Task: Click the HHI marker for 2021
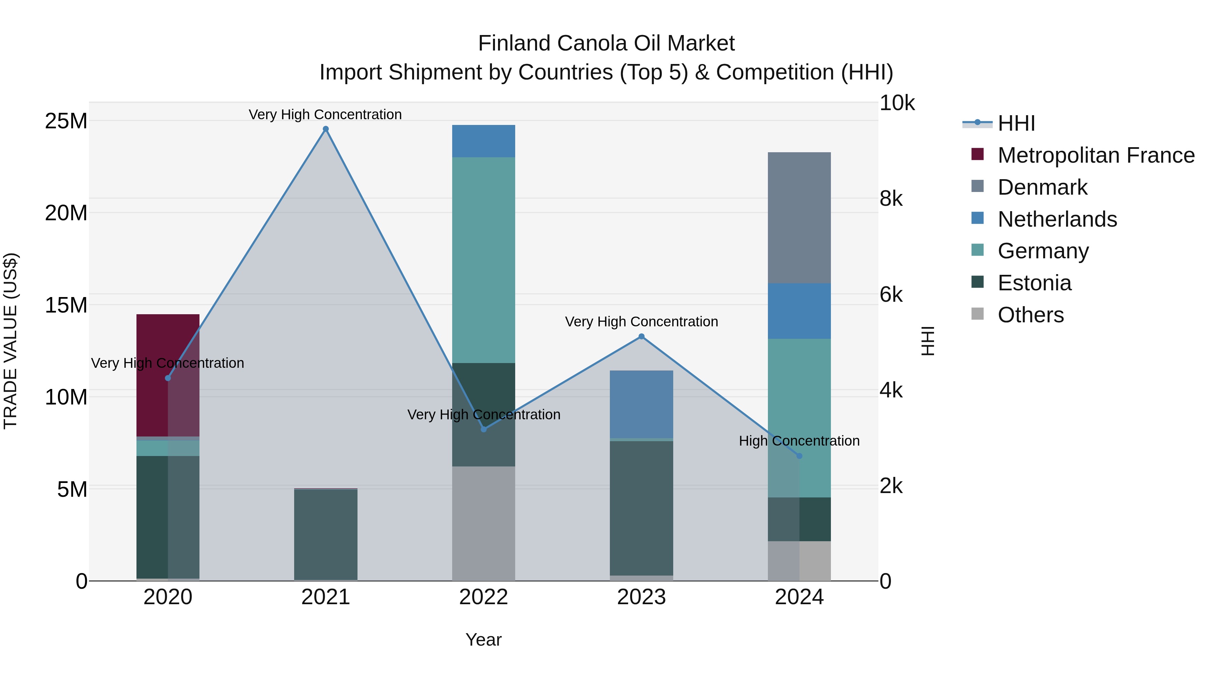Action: [325, 129]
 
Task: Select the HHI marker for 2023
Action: [641, 336]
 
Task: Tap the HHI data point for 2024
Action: [799, 456]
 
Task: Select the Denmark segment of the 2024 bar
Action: [799, 218]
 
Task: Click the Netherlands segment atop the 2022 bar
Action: [484, 141]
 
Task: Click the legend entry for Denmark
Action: [1042, 187]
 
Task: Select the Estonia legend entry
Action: [1034, 283]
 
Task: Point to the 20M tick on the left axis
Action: [66, 213]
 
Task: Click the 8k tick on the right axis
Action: [891, 199]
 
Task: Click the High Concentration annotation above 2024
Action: [799, 441]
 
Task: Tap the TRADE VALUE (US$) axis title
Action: [10, 341]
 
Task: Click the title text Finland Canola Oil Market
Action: [606, 43]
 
